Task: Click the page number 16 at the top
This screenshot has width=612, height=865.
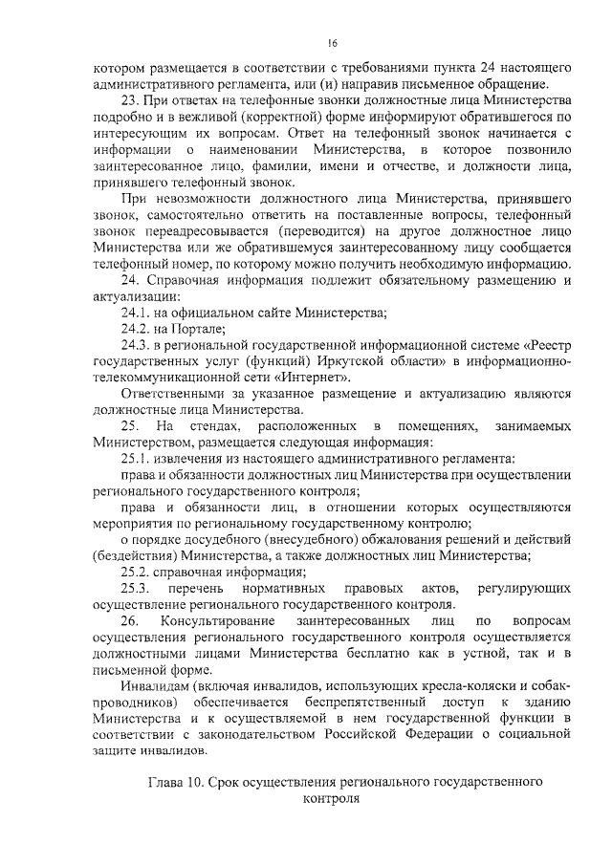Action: point(332,43)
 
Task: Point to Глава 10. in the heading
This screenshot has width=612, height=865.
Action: point(175,782)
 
